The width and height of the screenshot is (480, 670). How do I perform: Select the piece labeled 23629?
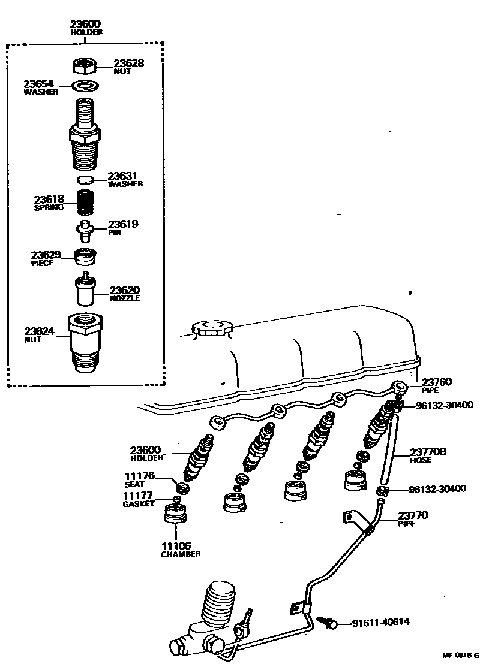(x=85, y=256)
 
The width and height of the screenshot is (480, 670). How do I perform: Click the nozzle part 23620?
(x=85, y=289)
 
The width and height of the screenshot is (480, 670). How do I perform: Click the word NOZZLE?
(x=124, y=298)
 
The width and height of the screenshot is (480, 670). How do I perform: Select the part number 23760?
(x=437, y=382)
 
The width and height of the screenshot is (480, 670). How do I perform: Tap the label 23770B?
(x=428, y=452)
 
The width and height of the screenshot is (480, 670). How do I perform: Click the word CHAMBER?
(x=180, y=554)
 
